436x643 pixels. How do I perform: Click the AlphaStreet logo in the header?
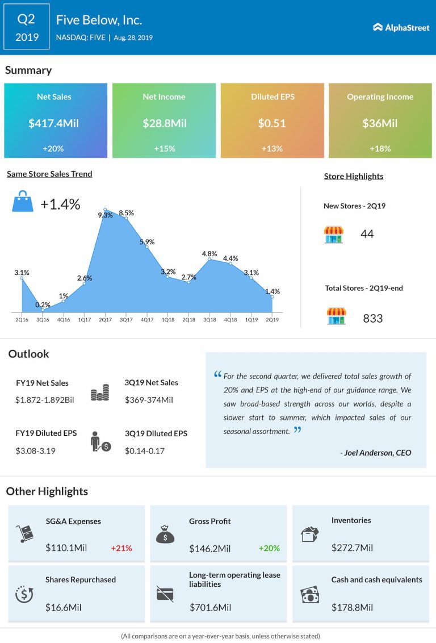click(x=401, y=27)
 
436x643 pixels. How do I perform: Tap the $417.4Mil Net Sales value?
click(x=54, y=123)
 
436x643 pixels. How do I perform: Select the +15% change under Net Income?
click(x=163, y=148)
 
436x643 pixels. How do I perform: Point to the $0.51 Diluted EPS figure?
click(x=272, y=123)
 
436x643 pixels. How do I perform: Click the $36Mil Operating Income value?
click(x=380, y=123)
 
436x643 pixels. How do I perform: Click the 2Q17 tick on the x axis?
click(x=105, y=320)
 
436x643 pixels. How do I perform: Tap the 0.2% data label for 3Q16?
click(x=43, y=304)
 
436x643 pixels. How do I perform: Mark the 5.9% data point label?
click(x=147, y=241)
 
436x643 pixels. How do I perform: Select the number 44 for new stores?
click(x=367, y=234)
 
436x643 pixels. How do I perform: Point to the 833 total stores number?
click(x=372, y=318)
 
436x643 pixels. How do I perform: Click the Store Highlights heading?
click(x=353, y=176)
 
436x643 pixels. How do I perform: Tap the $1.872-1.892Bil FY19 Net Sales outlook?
click(x=45, y=399)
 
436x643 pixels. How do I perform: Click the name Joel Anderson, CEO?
click(x=375, y=453)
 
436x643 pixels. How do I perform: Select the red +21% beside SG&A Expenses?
click(x=121, y=548)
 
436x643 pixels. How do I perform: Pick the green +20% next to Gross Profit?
click(x=269, y=548)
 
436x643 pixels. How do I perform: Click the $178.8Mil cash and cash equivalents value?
click(x=352, y=608)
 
